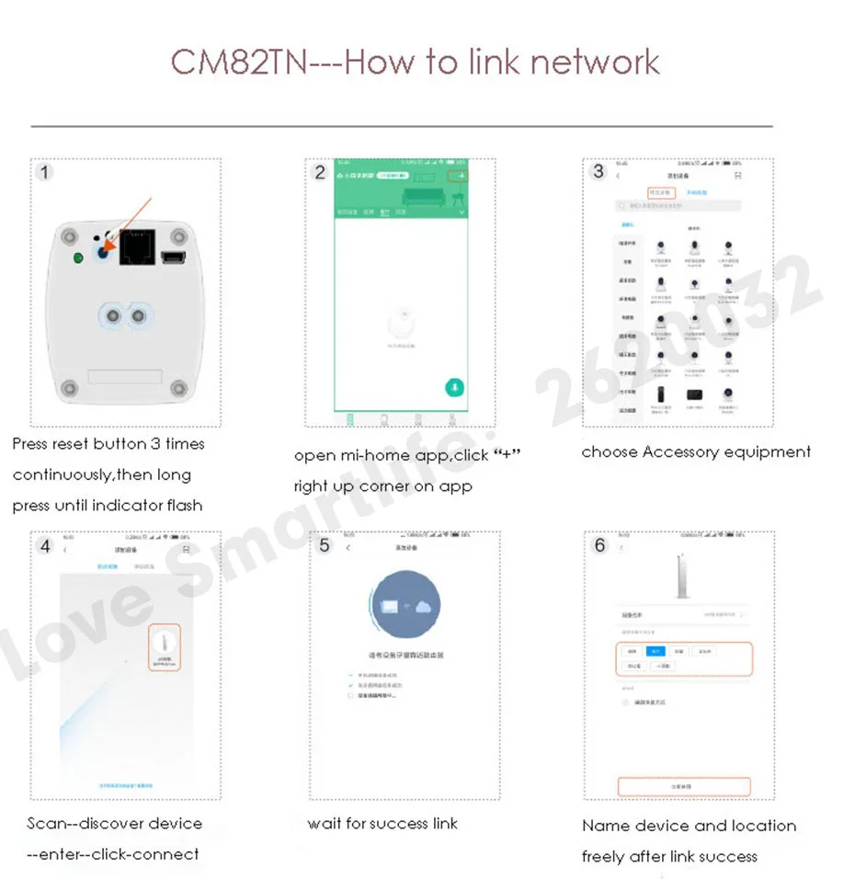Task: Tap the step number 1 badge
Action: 45,172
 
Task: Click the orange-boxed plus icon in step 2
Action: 458,176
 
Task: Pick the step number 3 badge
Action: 598,171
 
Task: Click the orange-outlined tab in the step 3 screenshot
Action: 659,193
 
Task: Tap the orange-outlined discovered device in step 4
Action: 164,647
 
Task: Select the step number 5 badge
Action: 325,545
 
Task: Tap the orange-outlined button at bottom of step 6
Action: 684,787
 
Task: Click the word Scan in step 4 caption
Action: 45,823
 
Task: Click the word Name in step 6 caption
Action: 603,826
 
